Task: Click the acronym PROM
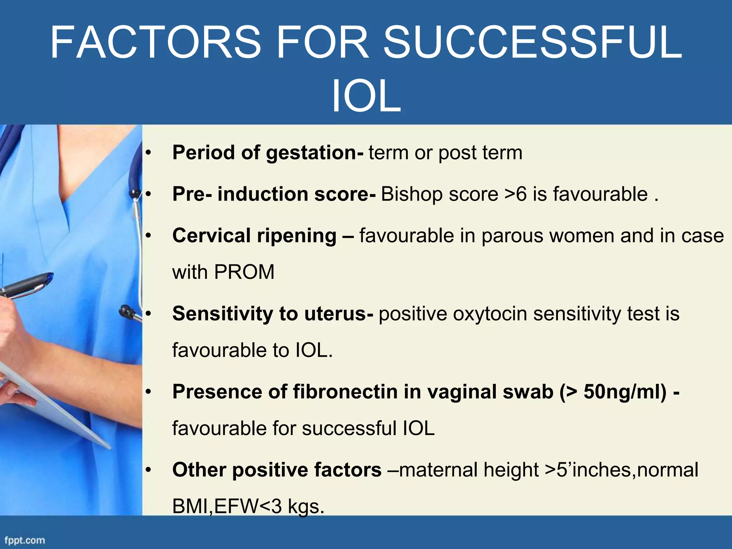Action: (244, 272)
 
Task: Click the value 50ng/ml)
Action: (625, 391)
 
